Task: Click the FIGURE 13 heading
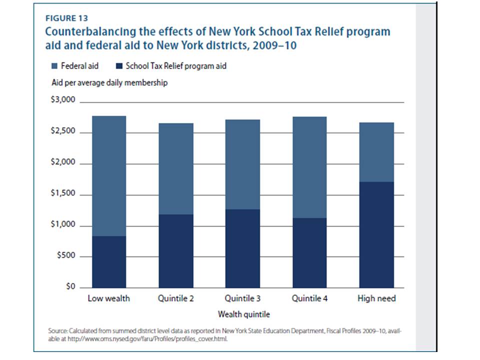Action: (x=66, y=19)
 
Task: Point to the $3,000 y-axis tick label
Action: (x=63, y=100)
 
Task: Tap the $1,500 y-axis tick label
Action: (x=63, y=194)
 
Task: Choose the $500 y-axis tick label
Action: (x=65, y=256)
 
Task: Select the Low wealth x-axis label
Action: (x=108, y=298)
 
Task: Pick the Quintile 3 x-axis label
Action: (x=242, y=298)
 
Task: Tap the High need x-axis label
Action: (x=376, y=298)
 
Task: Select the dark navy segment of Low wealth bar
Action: (x=108, y=262)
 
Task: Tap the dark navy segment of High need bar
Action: (x=376, y=235)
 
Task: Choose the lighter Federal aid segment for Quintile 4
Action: (x=309, y=167)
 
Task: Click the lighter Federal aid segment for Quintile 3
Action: (x=242, y=164)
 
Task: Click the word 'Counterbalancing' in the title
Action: (x=85, y=32)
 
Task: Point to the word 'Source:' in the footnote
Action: (x=57, y=330)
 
